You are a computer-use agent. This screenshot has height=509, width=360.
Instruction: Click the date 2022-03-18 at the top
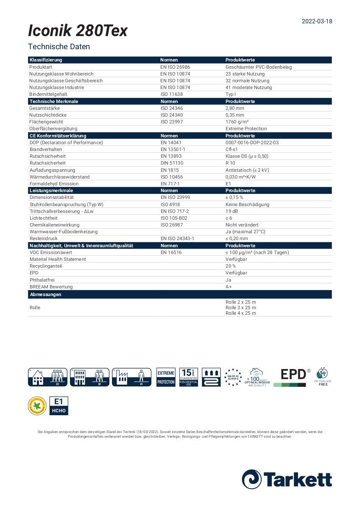(317, 21)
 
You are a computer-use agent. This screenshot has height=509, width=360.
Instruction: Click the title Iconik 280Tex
(78, 31)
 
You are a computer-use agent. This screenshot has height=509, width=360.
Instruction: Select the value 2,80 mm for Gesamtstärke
(234, 108)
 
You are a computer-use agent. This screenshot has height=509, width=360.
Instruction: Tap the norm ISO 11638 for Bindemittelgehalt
(171, 94)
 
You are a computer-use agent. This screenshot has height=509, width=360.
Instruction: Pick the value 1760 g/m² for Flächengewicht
(237, 122)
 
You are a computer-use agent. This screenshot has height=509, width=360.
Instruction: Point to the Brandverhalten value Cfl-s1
(232, 149)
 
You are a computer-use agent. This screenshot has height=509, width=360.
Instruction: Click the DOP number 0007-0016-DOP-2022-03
(252, 143)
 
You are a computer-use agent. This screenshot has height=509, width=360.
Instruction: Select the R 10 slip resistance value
(230, 163)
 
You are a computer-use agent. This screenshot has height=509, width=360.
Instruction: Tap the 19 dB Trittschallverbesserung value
(232, 211)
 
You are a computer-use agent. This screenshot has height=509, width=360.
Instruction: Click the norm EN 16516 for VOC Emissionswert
(171, 252)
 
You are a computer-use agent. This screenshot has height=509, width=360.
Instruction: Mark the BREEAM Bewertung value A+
(228, 287)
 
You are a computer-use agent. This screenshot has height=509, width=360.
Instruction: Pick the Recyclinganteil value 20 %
(231, 266)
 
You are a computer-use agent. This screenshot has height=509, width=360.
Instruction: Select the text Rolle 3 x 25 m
(240, 308)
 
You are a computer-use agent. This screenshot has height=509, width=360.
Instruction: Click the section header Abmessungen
(45, 294)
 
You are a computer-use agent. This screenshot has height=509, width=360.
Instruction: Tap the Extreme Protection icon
(166, 377)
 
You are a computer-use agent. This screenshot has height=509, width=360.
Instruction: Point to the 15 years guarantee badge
(188, 377)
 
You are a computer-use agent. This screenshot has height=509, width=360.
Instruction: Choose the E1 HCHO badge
(59, 406)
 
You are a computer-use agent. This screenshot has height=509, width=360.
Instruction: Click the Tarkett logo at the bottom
(287, 479)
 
